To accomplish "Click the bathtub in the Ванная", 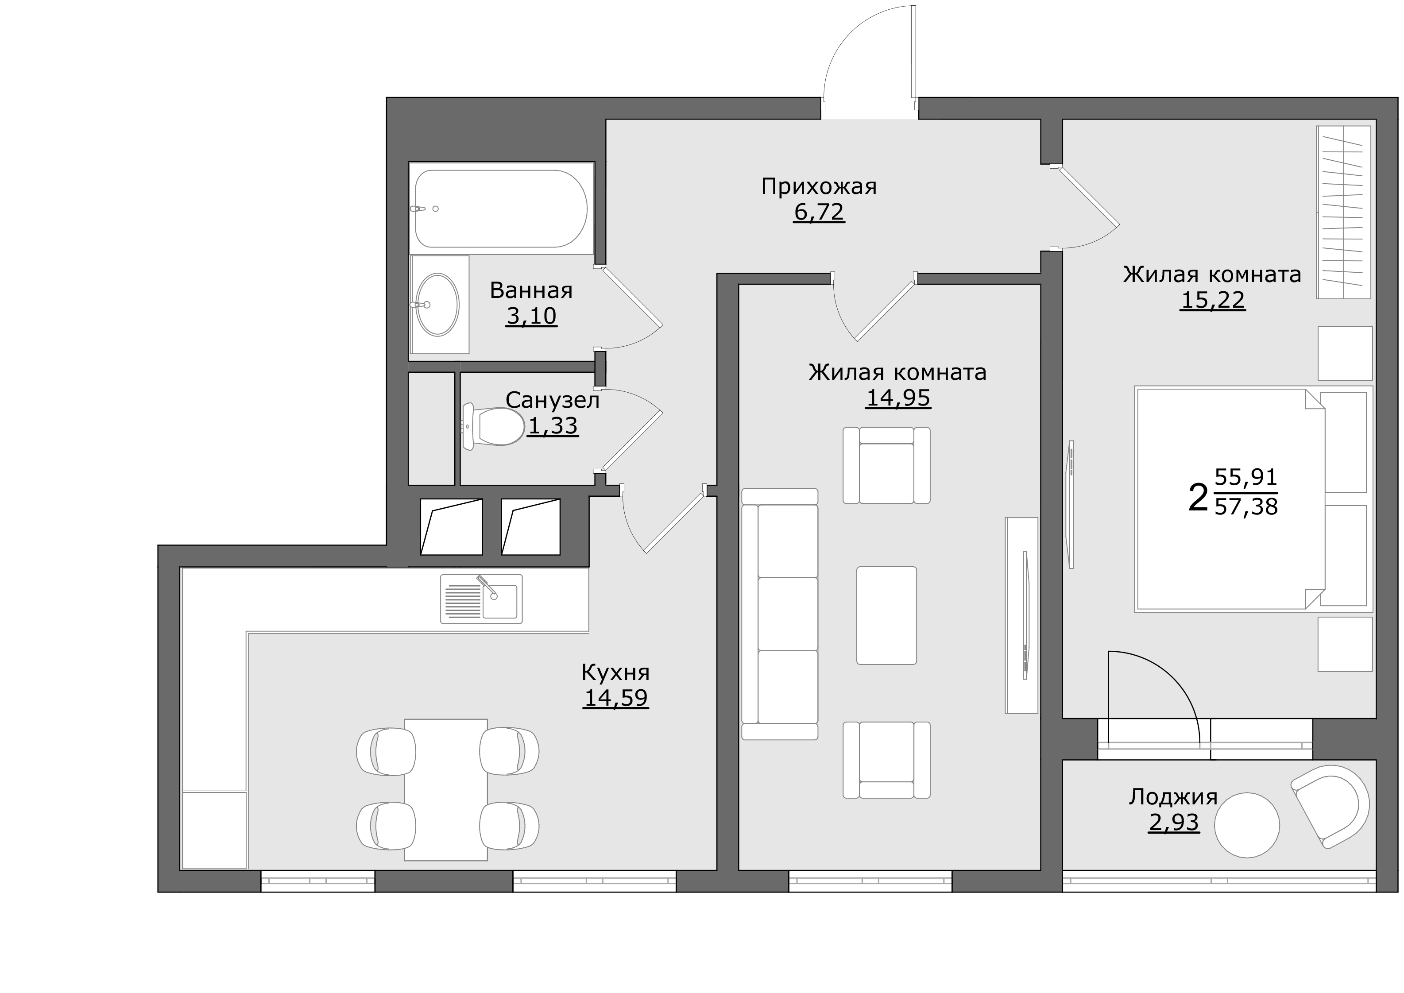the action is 501,209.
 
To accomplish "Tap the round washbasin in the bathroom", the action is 437,305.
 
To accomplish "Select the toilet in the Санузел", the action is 494,426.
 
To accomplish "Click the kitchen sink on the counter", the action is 481,599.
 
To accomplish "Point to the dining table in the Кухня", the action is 446,789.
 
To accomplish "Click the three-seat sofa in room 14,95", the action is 780,614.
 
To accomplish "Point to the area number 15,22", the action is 1213,300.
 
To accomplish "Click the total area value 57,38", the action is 1246,506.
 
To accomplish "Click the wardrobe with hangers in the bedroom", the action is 1343,212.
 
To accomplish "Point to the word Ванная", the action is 531,290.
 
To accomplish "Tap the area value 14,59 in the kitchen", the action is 616,698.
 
